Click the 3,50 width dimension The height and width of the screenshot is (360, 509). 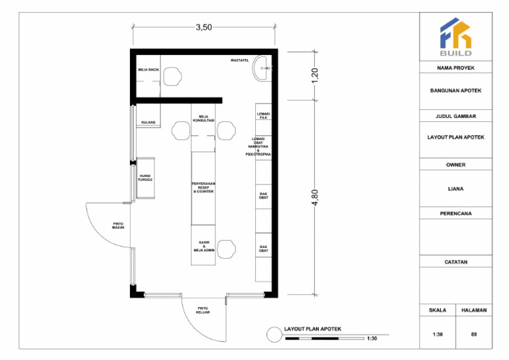(203, 27)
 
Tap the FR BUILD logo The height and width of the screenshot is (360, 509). (455, 38)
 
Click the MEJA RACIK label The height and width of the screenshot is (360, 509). (148, 69)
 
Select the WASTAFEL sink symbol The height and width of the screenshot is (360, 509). (264, 68)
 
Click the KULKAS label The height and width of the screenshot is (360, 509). (148, 122)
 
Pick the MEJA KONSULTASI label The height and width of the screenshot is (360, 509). (203, 118)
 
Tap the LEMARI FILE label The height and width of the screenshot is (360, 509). (263, 115)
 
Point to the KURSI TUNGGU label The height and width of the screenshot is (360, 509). (145, 178)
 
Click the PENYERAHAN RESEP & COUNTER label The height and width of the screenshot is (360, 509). (203, 187)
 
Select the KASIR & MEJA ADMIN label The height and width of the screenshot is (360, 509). (203, 247)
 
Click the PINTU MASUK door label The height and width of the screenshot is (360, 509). (119, 225)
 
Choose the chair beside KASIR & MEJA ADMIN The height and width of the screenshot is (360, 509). (227, 249)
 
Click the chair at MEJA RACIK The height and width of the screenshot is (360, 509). (174, 76)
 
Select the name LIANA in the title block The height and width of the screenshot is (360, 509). (455, 189)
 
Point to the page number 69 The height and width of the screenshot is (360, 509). (474, 334)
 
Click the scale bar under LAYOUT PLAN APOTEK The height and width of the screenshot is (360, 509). (324, 338)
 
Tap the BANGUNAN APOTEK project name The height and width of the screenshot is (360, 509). (455, 92)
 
